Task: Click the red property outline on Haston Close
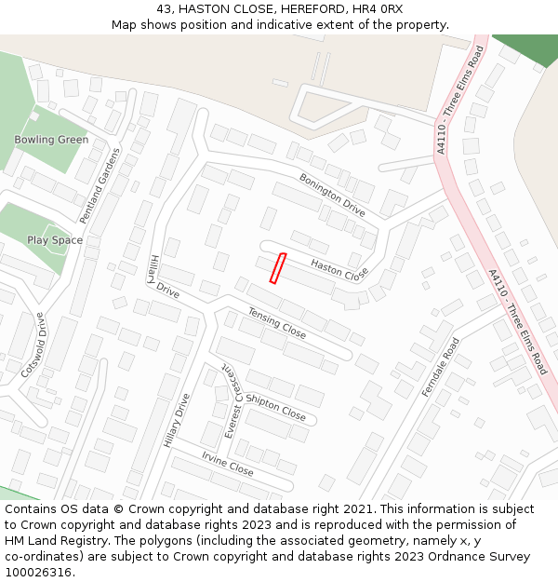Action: (277, 268)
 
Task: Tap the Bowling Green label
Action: (51, 140)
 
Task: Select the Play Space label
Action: (55, 240)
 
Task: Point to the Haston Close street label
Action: (339, 270)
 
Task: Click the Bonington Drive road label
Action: (332, 195)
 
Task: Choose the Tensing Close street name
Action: (276, 323)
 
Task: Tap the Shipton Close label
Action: (275, 406)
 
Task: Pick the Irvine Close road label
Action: (227, 464)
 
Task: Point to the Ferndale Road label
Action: (441, 367)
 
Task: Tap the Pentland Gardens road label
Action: (100, 185)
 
